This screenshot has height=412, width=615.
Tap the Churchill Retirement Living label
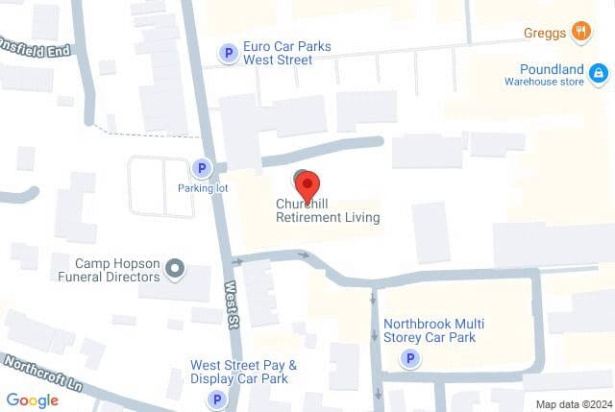(328, 211)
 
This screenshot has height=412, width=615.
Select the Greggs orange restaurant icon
(580, 32)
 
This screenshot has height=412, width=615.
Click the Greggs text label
(544, 33)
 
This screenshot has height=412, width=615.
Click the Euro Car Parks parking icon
(229, 53)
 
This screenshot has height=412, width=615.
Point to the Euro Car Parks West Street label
(278, 53)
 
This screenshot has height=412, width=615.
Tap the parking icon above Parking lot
(202, 168)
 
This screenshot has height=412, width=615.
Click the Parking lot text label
(201, 188)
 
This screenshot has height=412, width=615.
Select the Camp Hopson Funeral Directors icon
(175, 269)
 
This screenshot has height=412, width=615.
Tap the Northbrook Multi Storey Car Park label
(429, 330)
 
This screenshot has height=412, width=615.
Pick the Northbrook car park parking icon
(410, 359)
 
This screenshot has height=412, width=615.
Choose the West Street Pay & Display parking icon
(218, 399)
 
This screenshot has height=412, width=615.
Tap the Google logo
(33, 400)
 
